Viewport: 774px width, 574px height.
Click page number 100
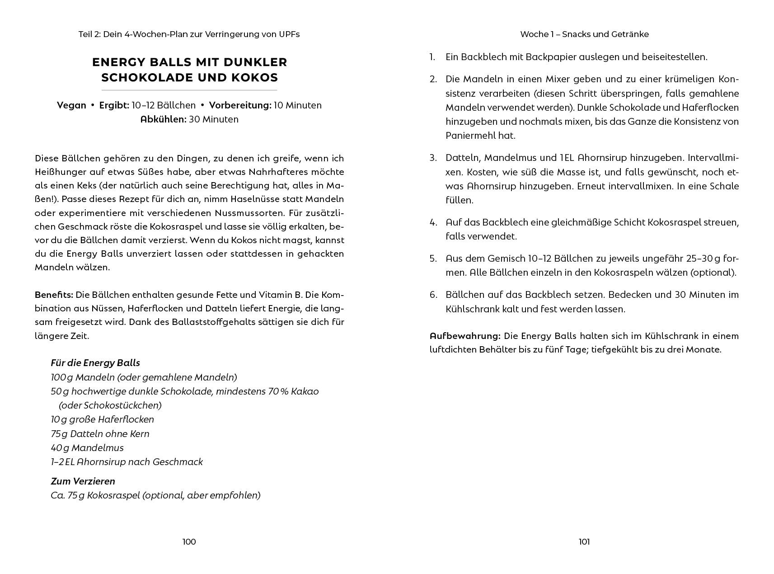(189, 541)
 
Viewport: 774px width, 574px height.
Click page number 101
(584, 541)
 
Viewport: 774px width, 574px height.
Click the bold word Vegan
(71, 105)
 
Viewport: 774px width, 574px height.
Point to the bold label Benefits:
(54, 295)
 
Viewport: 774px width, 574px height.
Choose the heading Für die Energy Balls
(95, 363)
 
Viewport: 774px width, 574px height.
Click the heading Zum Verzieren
(83, 481)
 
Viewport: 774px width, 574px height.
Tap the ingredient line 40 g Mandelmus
(87, 448)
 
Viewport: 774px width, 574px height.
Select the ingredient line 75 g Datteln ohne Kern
(100, 434)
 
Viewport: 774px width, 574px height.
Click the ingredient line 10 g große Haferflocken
(103, 419)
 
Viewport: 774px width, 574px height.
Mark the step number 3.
(433, 158)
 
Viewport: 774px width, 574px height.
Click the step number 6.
(433, 295)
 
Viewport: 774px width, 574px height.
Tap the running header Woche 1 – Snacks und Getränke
(584, 34)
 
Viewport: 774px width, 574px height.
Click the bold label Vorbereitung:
(240, 105)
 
